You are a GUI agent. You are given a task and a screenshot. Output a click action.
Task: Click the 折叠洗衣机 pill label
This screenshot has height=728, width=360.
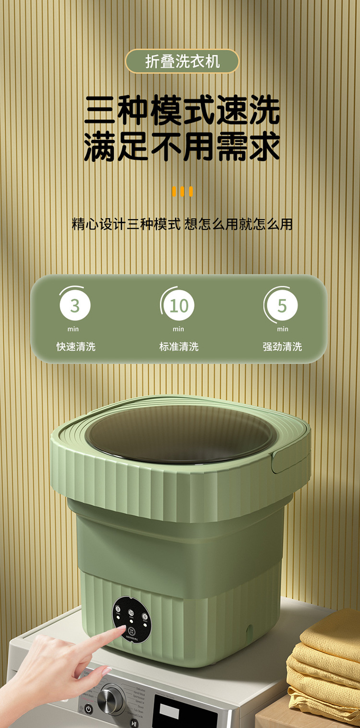pos(182,61)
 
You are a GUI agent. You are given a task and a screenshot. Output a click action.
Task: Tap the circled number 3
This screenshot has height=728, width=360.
pos(75,306)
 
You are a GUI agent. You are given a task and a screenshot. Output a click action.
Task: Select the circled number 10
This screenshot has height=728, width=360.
pos(179,306)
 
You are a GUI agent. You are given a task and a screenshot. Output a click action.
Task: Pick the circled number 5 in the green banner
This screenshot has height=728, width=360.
pos(282,306)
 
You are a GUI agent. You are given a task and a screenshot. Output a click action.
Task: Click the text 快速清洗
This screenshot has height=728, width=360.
pos(76,346)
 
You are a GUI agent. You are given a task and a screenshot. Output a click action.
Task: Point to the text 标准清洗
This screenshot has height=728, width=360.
pos(179,346)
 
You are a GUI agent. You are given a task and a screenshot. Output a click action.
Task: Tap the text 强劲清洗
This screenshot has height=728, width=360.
pos(282,346)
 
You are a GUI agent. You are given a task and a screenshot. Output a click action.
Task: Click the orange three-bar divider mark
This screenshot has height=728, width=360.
pos(182,192)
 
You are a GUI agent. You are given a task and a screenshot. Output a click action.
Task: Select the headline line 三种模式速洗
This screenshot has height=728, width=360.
pos(182,111)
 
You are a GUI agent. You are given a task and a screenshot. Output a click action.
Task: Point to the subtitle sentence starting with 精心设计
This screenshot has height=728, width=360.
pos(182,224)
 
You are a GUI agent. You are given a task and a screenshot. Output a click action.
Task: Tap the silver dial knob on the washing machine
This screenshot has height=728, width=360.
pos(111,698)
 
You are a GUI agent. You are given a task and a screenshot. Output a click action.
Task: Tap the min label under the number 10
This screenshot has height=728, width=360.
pos(179,329)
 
